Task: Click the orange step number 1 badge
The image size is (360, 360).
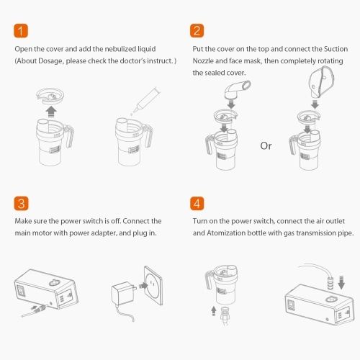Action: click(21, 31)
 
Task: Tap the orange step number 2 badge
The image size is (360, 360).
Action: click(197, 31)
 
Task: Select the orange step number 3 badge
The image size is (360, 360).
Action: click(21, 204)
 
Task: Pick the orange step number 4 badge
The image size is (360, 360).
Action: click(197, 204)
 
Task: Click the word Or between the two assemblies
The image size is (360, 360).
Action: click(266, 146)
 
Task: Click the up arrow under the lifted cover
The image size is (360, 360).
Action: click(51, 112)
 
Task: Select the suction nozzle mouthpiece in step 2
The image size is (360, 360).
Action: click(237, 90)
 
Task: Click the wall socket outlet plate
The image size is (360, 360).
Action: click(153, 285)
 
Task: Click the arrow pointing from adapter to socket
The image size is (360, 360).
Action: click(143, 286)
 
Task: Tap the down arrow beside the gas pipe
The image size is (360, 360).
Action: click(341, 283)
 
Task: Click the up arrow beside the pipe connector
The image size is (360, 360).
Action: click(214, 311)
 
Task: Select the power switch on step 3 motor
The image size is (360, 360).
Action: click(22, 291)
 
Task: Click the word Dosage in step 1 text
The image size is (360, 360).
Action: click(50, 61)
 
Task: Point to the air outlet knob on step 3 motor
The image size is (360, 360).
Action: click(55, 282)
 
